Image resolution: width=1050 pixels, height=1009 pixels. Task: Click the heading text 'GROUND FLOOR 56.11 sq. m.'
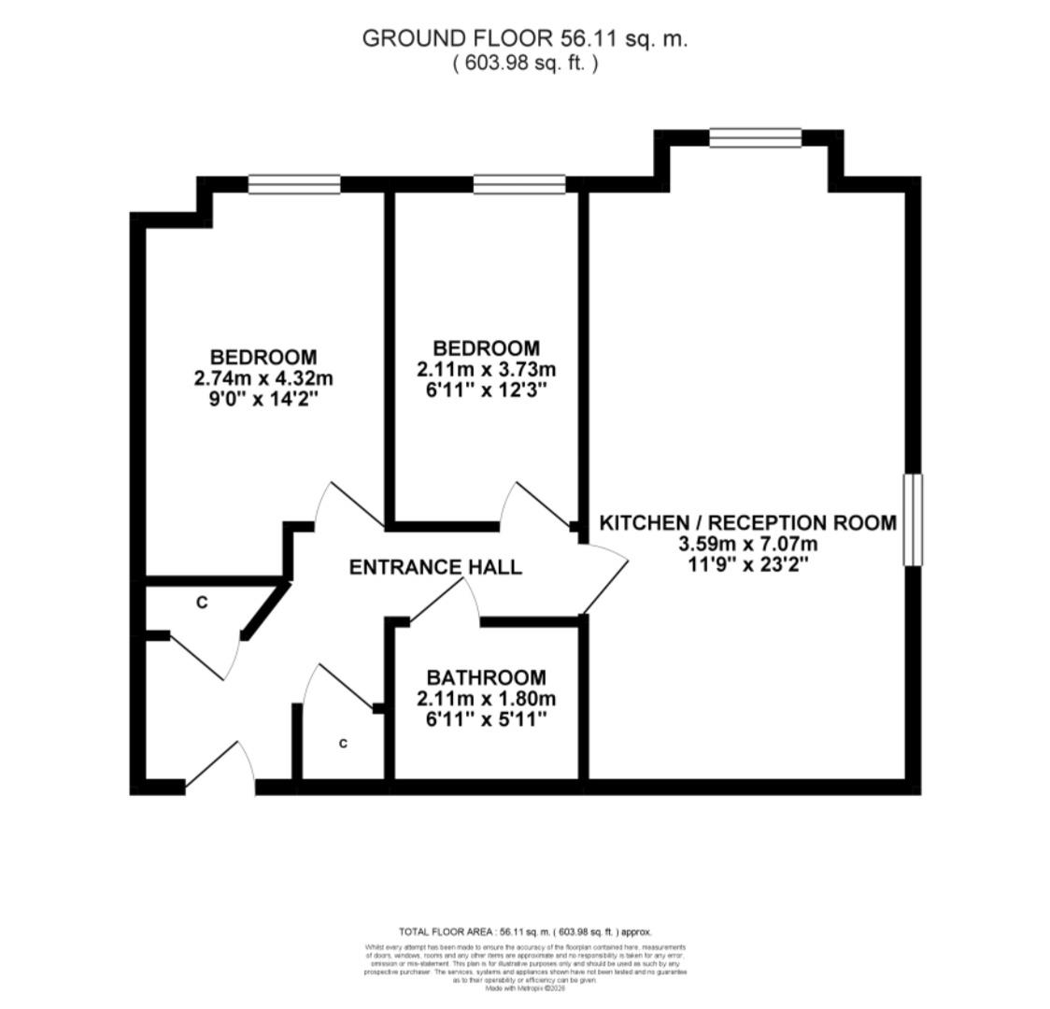coord(524,39)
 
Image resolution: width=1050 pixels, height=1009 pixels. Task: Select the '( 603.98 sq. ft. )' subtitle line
coord(524,63)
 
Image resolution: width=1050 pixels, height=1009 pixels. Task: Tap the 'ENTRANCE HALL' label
coord(434,567)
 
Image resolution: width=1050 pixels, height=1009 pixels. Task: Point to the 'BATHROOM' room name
coord(486,677)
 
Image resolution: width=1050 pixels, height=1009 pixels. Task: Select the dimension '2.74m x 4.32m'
coord(263,378)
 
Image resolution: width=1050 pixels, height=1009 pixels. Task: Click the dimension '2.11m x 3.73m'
coord(486,369)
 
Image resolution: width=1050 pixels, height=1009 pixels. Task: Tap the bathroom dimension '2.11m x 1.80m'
coord(486,698)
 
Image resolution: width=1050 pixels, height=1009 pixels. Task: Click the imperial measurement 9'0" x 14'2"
coord(263,399)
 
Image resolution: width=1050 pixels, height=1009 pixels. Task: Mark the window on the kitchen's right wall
coord(912,519)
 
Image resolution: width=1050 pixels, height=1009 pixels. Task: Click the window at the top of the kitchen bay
coord(755,137)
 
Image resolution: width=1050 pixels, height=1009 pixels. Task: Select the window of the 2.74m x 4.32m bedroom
coord(294,185)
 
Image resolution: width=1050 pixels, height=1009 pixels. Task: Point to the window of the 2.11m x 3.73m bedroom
coord(519,185)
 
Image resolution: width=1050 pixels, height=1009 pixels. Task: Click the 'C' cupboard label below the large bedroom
coord(202,604)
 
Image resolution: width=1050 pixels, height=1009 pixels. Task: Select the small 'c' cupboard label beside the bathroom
coord(343,744)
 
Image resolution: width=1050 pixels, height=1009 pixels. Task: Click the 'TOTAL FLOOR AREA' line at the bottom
coord(525,931)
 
